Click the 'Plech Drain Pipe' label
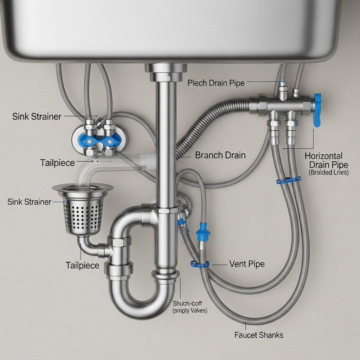[x=216, y=83]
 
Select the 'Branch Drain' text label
[x=220, y=155]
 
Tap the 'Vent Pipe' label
[x=247, y=264]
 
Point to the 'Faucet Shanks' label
[x=259, y=335]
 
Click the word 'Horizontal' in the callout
[x=323, y=156]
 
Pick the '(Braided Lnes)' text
[x=328, y=173]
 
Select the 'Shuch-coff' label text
[x=187, y=303]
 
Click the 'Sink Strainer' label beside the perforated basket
[x=29, y=202]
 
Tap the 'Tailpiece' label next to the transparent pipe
[x=57, y=163]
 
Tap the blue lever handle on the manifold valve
[x=317, y=110]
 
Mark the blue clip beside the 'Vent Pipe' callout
[x=200, y=263]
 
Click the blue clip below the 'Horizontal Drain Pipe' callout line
[x=288, y=180]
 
